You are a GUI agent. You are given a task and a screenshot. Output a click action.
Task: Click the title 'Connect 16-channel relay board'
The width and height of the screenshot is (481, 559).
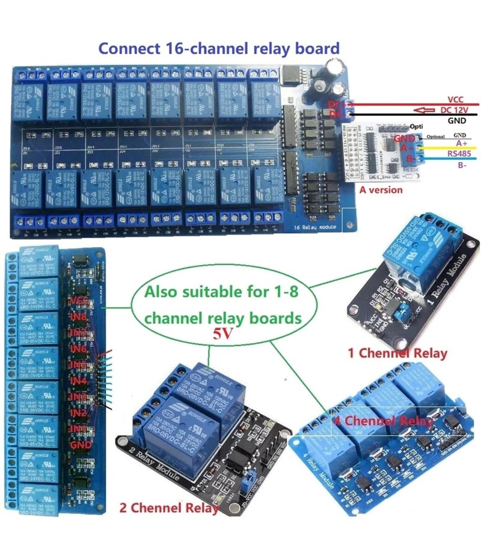219,48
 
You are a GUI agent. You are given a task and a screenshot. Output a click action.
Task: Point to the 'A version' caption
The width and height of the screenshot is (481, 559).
382,190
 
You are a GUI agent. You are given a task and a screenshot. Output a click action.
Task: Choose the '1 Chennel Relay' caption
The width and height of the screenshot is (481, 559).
397,353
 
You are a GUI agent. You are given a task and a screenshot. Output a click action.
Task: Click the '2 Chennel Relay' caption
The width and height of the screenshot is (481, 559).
170,508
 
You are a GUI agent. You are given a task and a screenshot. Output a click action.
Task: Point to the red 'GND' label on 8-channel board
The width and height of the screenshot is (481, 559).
81,445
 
